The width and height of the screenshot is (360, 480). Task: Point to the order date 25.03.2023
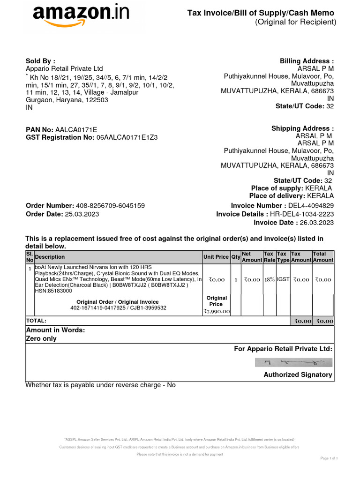[82, 214]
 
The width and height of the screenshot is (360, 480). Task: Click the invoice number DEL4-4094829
[311, 206]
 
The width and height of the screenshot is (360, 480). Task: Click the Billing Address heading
[307, 61]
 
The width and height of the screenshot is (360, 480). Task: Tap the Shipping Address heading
[303, 129]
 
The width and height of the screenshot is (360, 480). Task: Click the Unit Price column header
[216, 257]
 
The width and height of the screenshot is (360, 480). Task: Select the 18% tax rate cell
[269, 279]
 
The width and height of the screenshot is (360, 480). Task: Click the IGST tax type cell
[283, 279]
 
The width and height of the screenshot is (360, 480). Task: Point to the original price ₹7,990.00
[216, 311]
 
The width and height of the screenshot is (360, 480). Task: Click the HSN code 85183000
[60, 291]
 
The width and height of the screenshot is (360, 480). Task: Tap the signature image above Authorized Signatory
[293, 362]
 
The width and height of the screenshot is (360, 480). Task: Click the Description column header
[50, 257]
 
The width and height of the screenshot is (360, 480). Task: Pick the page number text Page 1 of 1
[329, 458]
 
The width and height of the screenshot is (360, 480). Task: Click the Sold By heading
[40, 61]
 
